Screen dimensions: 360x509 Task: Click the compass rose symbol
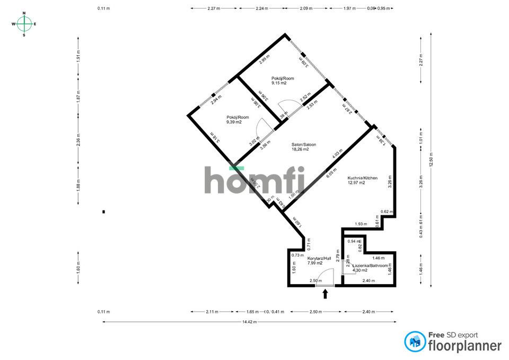24,24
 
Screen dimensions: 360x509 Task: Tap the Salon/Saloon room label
300,146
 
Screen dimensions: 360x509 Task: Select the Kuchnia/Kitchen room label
362,180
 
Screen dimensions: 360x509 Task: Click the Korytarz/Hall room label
319,261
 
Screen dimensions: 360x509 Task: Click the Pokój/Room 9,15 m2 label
283,81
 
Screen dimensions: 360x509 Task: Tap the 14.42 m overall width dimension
249,322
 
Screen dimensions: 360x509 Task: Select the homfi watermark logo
255,180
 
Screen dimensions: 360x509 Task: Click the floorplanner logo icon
415,341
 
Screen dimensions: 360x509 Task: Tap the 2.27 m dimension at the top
214,8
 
